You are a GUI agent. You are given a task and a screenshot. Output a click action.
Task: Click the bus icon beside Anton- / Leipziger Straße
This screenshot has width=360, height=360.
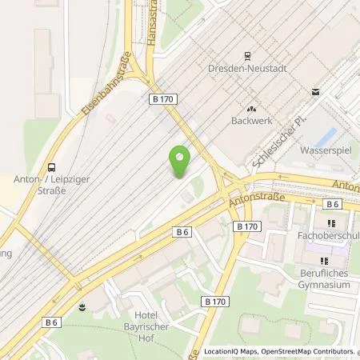[52, 167]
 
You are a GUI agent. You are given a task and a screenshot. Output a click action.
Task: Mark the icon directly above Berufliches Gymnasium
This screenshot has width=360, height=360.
[324, 261]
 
